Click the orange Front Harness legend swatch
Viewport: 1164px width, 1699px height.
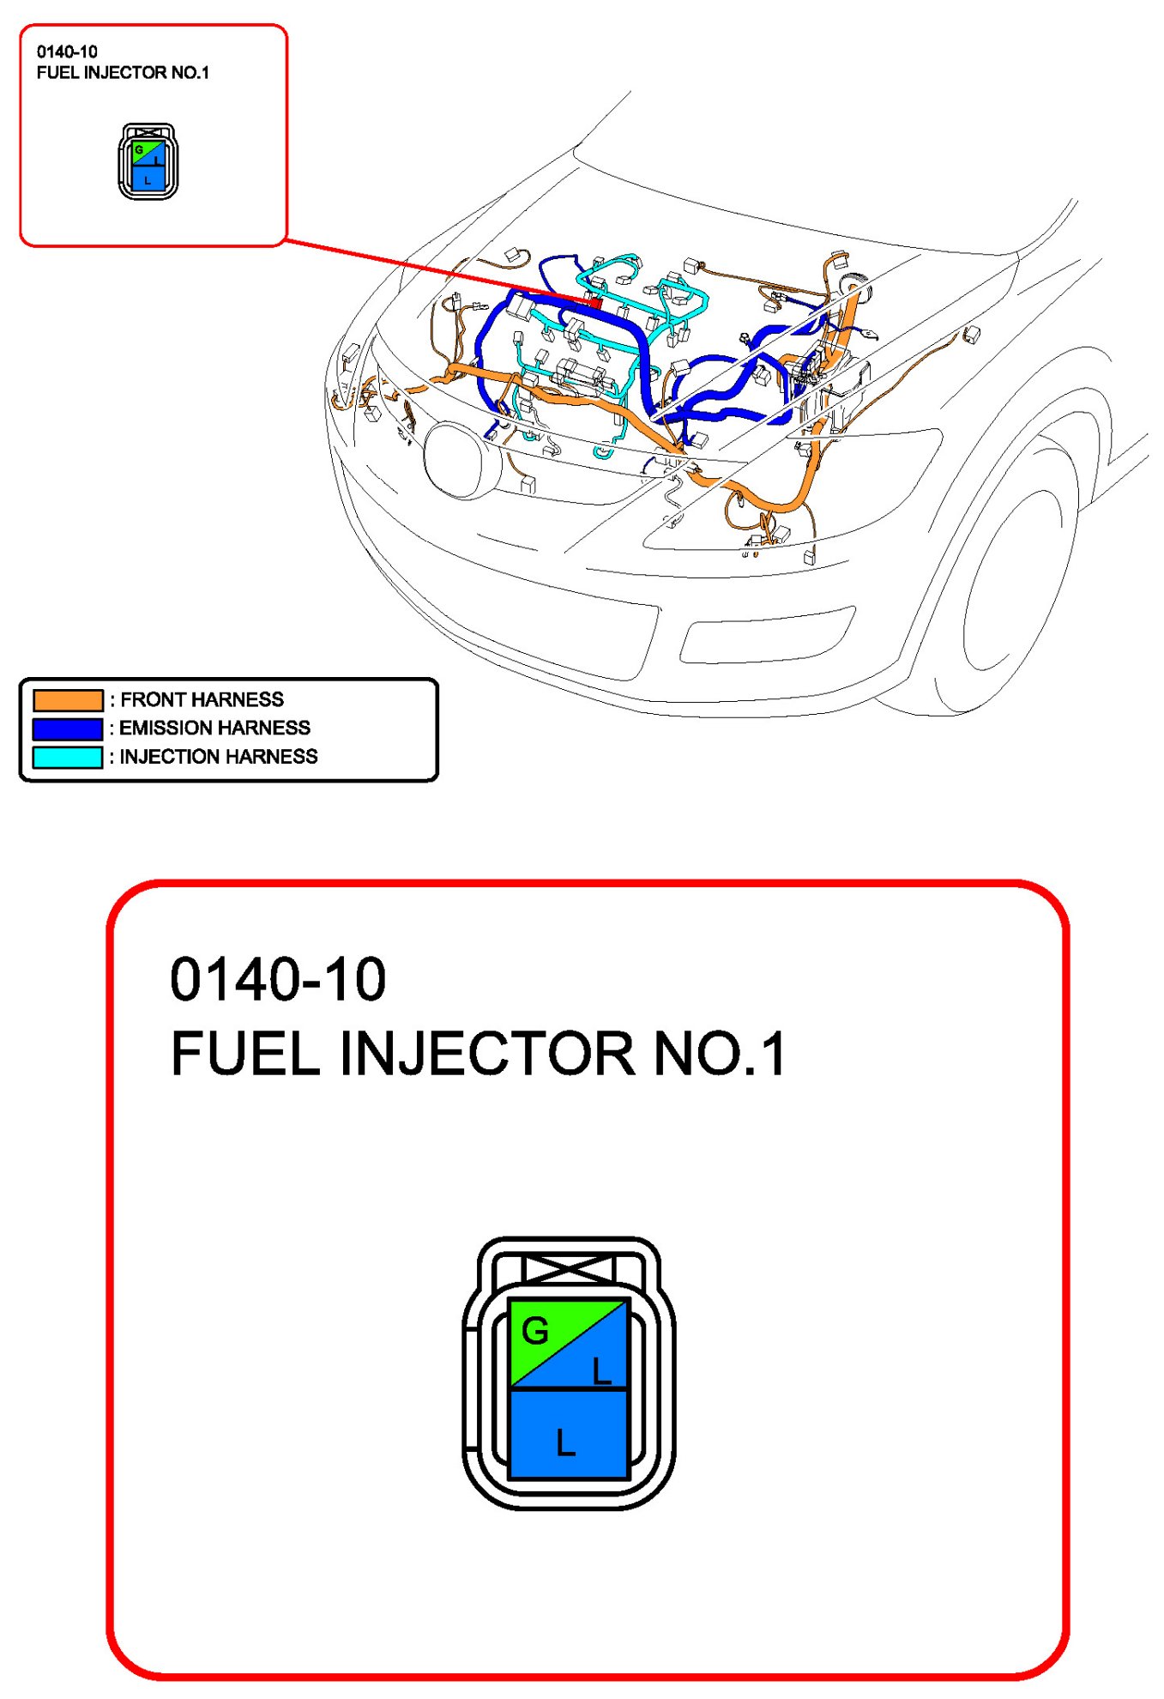(68, 700)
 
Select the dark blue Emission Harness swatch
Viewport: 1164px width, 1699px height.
(68, 729)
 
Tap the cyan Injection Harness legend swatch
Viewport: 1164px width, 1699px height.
(68, 757)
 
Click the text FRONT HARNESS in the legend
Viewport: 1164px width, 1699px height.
(202, 699)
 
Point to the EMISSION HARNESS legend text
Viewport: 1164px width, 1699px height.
(214, 728)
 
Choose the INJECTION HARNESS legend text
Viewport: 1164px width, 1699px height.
(218, 756)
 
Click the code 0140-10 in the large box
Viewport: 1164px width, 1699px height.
(278, 979)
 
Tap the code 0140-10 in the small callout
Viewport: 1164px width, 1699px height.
(67, 51)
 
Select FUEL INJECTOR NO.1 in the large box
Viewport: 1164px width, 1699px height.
(478, 1053)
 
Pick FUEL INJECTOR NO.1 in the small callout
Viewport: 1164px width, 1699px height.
(123, 73)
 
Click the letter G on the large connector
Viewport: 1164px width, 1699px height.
(535, 1331)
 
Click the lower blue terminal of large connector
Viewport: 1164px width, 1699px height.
(568, 1433)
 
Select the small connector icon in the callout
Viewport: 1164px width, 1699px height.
(148, 162)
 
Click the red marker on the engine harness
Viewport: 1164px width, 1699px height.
(594, 302)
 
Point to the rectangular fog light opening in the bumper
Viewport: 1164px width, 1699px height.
(769, 635)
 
